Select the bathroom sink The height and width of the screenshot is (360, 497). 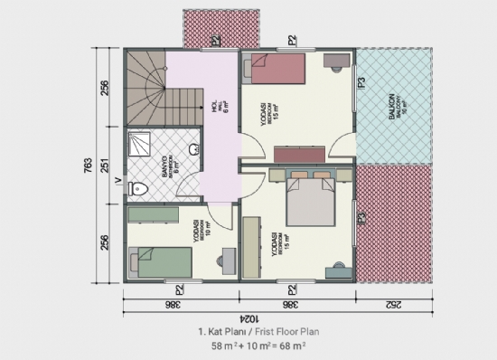pos(192,149)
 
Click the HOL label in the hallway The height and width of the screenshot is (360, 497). pos(217,105)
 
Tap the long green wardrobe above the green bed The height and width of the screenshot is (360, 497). pos(158,213)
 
